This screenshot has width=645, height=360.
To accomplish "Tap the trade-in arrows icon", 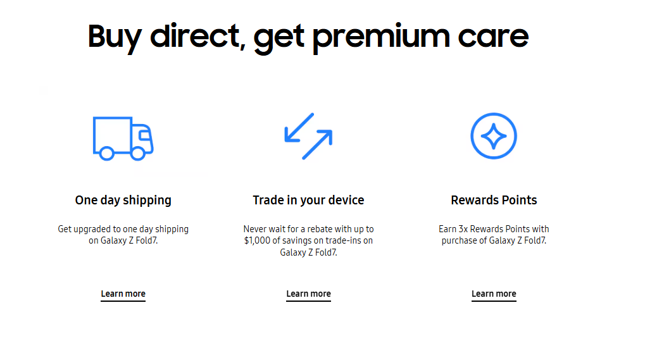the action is pyautogui.click(x=308, y=136).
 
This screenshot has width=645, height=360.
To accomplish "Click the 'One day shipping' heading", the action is pyautogui.click(x=123, y=200).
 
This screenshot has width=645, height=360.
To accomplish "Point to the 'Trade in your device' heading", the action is pyautogui.click(x=308, y=200).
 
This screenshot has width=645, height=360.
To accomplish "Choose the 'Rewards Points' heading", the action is pyautogui.click(x=494, y=200).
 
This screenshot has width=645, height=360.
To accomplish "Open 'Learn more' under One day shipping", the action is pyautogui.click(x=123, y=294).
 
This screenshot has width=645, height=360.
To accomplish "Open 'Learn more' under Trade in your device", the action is pyautogui.click(x=308, y=294).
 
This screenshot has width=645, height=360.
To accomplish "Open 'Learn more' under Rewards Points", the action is pyautogui.click(x=494, y=294).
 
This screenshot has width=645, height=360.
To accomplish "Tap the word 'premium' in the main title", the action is pyautogui.click(x=381, y=38).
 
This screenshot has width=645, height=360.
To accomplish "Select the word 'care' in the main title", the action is pyautogui.click(x=493, y=38).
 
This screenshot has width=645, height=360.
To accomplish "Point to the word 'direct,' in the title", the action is pyautogui.click(x=198, y=36).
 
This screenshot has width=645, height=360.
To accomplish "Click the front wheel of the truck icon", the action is pyautogui.click(x=138, y=154).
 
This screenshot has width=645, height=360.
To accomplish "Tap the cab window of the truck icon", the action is pyautogui.click(x=144, y=135).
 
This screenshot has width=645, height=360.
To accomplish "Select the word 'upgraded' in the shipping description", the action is pyautogui.click(x=92, y=229).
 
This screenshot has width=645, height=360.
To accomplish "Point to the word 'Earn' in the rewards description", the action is pyautogui.click(x=448, y=229).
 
